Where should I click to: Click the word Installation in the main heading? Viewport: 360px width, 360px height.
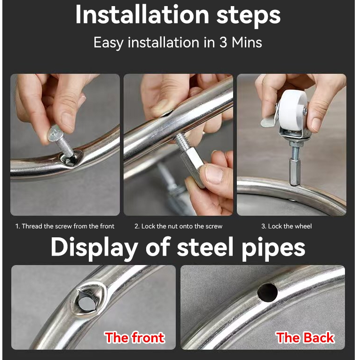pos(142,15)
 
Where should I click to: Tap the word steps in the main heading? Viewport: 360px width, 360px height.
pos(249,16)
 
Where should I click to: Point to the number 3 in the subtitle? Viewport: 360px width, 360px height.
pos(223,42)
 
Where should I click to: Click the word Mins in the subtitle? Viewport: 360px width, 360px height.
pos(247,42)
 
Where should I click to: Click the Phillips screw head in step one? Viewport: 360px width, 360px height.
pos(55,133)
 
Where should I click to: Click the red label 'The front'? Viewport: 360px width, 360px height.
pos(135,337)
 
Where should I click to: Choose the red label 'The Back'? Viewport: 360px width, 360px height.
pos(305,337)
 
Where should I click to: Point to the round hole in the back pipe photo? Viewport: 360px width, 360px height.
pos(267,292)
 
